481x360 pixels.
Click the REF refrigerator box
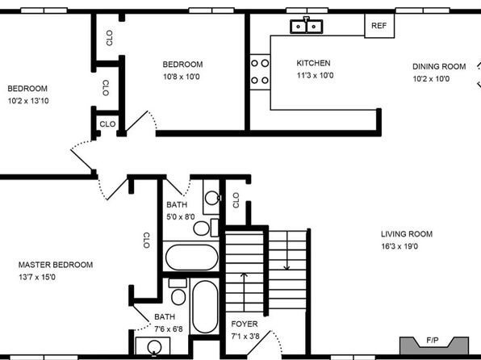tap(379, 26)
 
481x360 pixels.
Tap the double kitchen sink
tap(306, 26)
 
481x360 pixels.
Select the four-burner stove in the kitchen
tap(260, 72)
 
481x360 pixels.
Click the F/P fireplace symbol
tap(433, 345)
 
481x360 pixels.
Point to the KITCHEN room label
tap(313, 63)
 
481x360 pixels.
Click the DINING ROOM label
tap(439, 67)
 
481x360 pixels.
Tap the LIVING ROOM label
tap(407, 234)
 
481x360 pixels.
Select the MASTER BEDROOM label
tap(56, 265)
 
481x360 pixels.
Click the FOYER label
tap(245, 324)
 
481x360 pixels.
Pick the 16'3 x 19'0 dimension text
tap(399, 246)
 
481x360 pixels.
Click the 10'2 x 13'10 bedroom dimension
tap(28, 101)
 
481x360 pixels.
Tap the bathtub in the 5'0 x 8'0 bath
tap(192, 257)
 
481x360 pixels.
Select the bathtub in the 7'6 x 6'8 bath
tap(205, 307)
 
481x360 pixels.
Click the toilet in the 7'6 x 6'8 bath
tap(178, 292)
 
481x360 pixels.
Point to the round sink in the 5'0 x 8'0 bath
tap(212, 198)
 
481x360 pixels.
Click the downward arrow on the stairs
tap(287, 250)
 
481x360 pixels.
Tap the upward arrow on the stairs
tap(244, 292)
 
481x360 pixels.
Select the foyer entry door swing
tap(264, 343)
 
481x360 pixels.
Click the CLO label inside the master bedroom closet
tap(146, 241)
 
